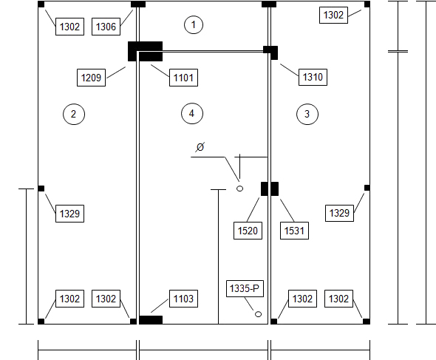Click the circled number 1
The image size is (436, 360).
[194, 24]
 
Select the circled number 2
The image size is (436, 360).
[74, 114]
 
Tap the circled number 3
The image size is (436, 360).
[307, 114]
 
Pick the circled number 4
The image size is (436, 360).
[192, 114]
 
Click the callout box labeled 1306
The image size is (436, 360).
[106, 27]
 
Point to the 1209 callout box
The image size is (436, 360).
[91, 78]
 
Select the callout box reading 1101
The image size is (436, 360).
[183, 78]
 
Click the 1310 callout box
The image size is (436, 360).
[313, 77]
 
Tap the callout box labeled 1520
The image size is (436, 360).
[248, 231]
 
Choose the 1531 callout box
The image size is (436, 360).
[294, 231]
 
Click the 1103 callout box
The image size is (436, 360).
[183, 299]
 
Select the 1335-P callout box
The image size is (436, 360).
[245, 288]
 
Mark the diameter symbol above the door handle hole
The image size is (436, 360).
[200, 146]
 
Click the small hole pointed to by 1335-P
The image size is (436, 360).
[258, 314]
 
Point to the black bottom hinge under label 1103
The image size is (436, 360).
[151, 320]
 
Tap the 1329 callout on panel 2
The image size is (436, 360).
[69, 214]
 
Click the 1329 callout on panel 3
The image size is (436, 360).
[339, 213]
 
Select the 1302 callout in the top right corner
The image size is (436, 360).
[333, 15]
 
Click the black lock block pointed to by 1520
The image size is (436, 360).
[264, 189]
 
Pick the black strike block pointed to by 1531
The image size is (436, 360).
[274, 189]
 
